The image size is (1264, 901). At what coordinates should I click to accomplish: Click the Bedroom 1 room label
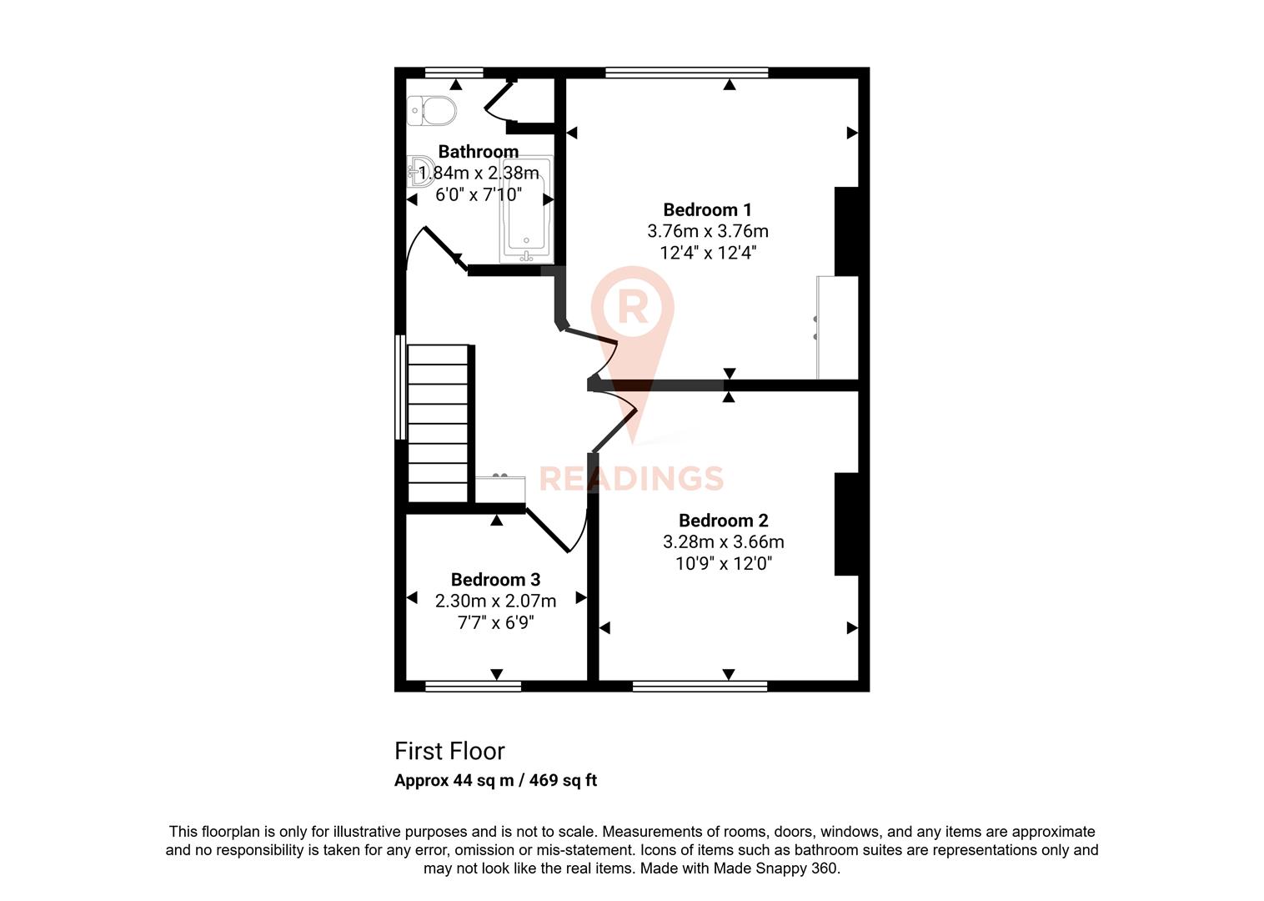(707, 209)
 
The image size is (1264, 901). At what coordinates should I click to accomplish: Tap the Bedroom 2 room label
(723, 521)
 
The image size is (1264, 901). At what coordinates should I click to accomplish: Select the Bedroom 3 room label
(495, 579)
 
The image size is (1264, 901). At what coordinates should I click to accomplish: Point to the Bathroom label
(478, 152)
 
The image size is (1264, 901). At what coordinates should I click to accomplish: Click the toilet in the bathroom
(432, 110)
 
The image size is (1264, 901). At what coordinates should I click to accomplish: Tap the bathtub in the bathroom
(525, 210)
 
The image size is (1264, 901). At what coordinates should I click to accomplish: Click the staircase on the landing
(438, 423)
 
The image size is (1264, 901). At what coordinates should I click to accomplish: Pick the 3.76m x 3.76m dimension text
(707, 231)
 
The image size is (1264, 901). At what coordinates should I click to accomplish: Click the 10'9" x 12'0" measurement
(723, 564)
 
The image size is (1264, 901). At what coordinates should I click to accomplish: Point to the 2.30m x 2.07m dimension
(495, 601)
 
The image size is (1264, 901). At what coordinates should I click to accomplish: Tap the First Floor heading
(449, 751)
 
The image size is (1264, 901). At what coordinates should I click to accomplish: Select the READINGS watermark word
(631, 479)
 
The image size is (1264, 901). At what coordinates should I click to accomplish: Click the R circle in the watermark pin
(633, 307)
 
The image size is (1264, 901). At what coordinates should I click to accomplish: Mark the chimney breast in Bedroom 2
(846, 524)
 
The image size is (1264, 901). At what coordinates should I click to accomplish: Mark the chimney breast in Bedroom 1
(846, 231)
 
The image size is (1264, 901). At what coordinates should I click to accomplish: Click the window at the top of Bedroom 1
(686, 73)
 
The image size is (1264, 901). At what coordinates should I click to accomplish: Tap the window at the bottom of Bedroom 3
(473, 686)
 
